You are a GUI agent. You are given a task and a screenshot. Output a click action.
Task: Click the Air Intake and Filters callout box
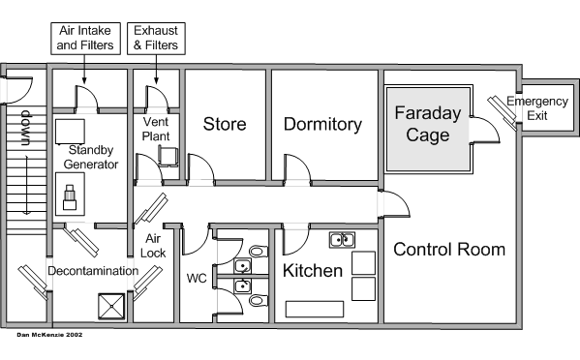[85, 39]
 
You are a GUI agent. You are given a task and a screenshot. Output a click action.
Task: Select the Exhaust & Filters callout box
[156, 39]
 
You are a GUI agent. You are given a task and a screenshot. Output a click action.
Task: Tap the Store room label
[225, 124]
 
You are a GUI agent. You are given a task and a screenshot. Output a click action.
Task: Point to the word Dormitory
[322, 125]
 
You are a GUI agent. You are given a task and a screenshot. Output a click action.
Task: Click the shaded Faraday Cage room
[428, 130]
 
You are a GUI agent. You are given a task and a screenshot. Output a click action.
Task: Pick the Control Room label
[449, 250]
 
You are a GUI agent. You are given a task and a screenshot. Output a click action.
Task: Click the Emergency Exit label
[537, 108]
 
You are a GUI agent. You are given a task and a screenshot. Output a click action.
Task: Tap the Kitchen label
[313, 271]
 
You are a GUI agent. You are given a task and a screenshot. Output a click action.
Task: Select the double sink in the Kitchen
[342, 240]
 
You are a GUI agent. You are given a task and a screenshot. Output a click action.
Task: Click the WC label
[197, 279]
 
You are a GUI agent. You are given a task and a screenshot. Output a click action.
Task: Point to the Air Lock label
[153, 246]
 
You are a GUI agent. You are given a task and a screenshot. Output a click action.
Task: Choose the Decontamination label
[93, 271]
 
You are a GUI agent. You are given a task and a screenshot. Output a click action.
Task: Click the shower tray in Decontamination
[111, 307]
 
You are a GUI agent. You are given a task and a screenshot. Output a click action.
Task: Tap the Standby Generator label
[91, 157]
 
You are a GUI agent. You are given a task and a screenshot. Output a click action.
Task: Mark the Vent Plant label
[156, 129]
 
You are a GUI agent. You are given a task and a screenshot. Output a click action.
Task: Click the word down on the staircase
[26, 128]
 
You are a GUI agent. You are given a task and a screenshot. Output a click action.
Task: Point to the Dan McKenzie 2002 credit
[49, 335]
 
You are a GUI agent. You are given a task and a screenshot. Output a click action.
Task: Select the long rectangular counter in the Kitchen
[315, 309]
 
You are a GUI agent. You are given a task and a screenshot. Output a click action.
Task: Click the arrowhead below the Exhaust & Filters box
[156, 80]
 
